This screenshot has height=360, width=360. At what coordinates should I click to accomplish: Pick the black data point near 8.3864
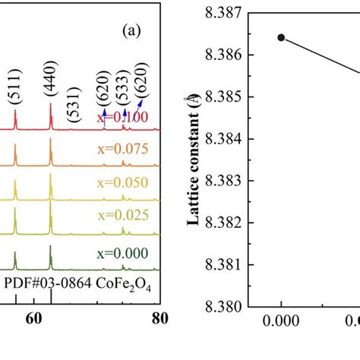click(281, 37)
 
